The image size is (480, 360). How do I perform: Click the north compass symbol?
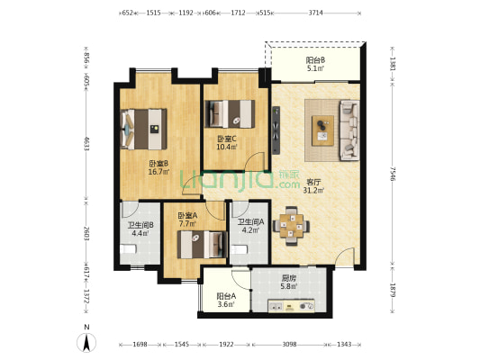tap(86, 343)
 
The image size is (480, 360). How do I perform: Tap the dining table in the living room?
tap(291, 226)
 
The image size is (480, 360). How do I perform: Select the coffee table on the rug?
tap(322, 130)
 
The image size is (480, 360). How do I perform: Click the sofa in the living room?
tap(349, 130)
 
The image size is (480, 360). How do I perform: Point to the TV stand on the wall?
tap(276, 130)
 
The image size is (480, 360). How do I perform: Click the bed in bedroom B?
tap(144, 130)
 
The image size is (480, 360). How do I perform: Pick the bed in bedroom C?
tap(230, 114)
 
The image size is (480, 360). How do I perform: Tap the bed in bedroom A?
tap(203, 245)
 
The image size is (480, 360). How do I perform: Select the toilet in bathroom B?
tap(128, 249)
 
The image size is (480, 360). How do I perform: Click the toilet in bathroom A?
tap(239, 249)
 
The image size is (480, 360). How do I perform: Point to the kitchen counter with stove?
tap(291, 306)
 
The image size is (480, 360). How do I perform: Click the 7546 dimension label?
tap(393, 174)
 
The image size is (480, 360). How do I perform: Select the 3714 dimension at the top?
tap(315, 13)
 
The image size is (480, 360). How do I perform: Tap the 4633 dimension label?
tap(86, 143)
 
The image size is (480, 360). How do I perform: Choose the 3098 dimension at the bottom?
tap(289, 345)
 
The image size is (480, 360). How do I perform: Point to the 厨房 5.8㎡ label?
tap(289, 283)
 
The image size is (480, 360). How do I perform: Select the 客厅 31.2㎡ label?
tap(313, 186)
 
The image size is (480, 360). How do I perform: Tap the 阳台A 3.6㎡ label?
tap(226, 300)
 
